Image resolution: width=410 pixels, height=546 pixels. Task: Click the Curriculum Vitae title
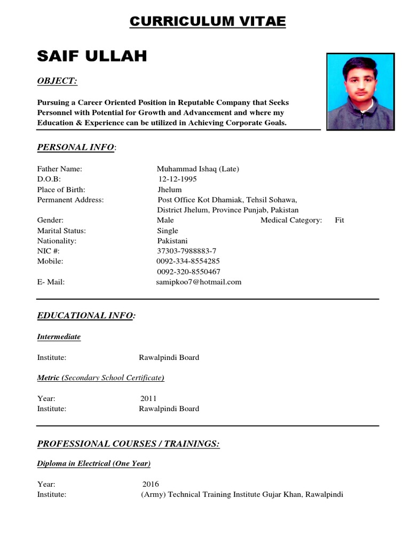tap(208, 21)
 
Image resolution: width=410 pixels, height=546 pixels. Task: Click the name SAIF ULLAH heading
tap(92, 56)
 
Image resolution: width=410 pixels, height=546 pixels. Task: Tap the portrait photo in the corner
tap(360, 91)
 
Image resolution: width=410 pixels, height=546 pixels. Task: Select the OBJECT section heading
tap(57, 81)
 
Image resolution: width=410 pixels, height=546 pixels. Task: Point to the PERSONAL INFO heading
tap(75, 147)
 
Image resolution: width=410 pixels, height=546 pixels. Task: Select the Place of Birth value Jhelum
tap(169, 189)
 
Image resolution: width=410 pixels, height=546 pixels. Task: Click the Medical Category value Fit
tap(340, 220)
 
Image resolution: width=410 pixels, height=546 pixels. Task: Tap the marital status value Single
tap(168, 230)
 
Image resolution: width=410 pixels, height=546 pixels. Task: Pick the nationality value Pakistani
tap(172, 241)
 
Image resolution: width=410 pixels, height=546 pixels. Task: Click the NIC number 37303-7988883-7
tap(186, 251)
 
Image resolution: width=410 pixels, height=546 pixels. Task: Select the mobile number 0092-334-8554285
tap(187, 261)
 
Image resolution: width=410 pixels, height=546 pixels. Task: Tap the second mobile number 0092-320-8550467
tap(188, 272)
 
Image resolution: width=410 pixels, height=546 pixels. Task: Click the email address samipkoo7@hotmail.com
tap(198, 282)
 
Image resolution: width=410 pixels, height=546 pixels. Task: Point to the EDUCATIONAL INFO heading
tap(85, 316)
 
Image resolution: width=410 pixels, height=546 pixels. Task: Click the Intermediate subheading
tap(59, 337)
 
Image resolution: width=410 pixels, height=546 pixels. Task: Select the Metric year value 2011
tap(149, 398)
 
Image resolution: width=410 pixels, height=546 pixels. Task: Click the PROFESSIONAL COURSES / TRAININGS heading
tap(128, 444)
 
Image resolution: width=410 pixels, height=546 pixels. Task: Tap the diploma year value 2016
tap(151, 484)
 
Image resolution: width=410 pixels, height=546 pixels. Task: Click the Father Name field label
tap(59, 169)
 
